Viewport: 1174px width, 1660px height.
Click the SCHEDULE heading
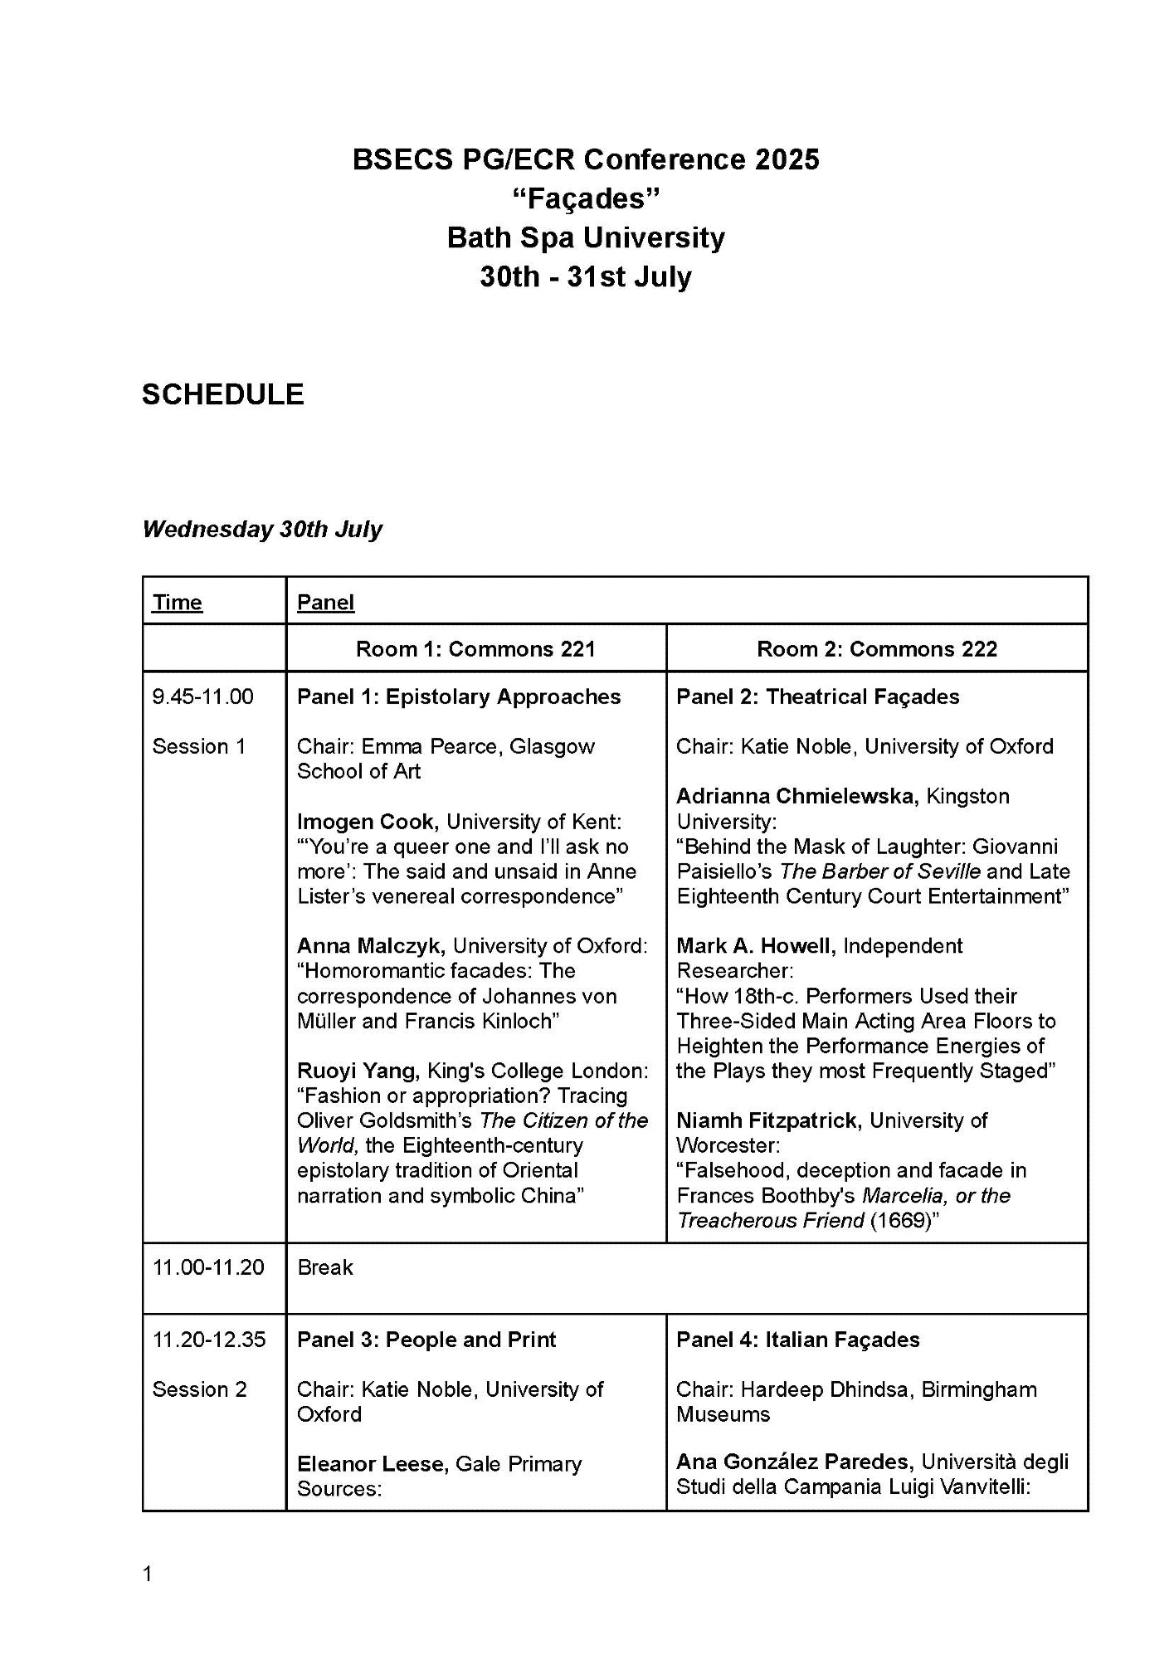pyautogui.click(x=222, y=394)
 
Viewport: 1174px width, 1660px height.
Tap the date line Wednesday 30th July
pyautogui.click(x=262, y=530)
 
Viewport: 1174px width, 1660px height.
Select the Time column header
pyautogui.click(x=177, y=603)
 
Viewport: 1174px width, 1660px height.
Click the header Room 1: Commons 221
pyautogui.click(x=475, y=649)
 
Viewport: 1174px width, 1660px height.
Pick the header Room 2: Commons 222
pyautogui.click(x=876, y=649)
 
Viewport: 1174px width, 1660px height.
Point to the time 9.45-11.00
pyautogui.click(x=202, y=696)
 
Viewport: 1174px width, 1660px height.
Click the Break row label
pyautogui.click(x=324, y=1267)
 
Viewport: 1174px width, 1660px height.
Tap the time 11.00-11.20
pyautogui.click(x=208, y=1267)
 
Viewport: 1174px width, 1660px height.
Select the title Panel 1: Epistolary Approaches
pyautogui.click(x=458, y=696)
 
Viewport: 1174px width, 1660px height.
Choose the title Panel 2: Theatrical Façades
pyautogui.click(x=817, y=696)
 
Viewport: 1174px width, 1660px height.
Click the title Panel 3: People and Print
pyautogui.click(x=426, y=1340)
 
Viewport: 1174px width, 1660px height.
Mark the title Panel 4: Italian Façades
pyautogui.click(x=797, y=1340)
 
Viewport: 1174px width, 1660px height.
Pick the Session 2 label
pyautogui.click(x=199, y=1389)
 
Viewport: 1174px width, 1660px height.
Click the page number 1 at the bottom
pyautogui.click(x=148, y=1574)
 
